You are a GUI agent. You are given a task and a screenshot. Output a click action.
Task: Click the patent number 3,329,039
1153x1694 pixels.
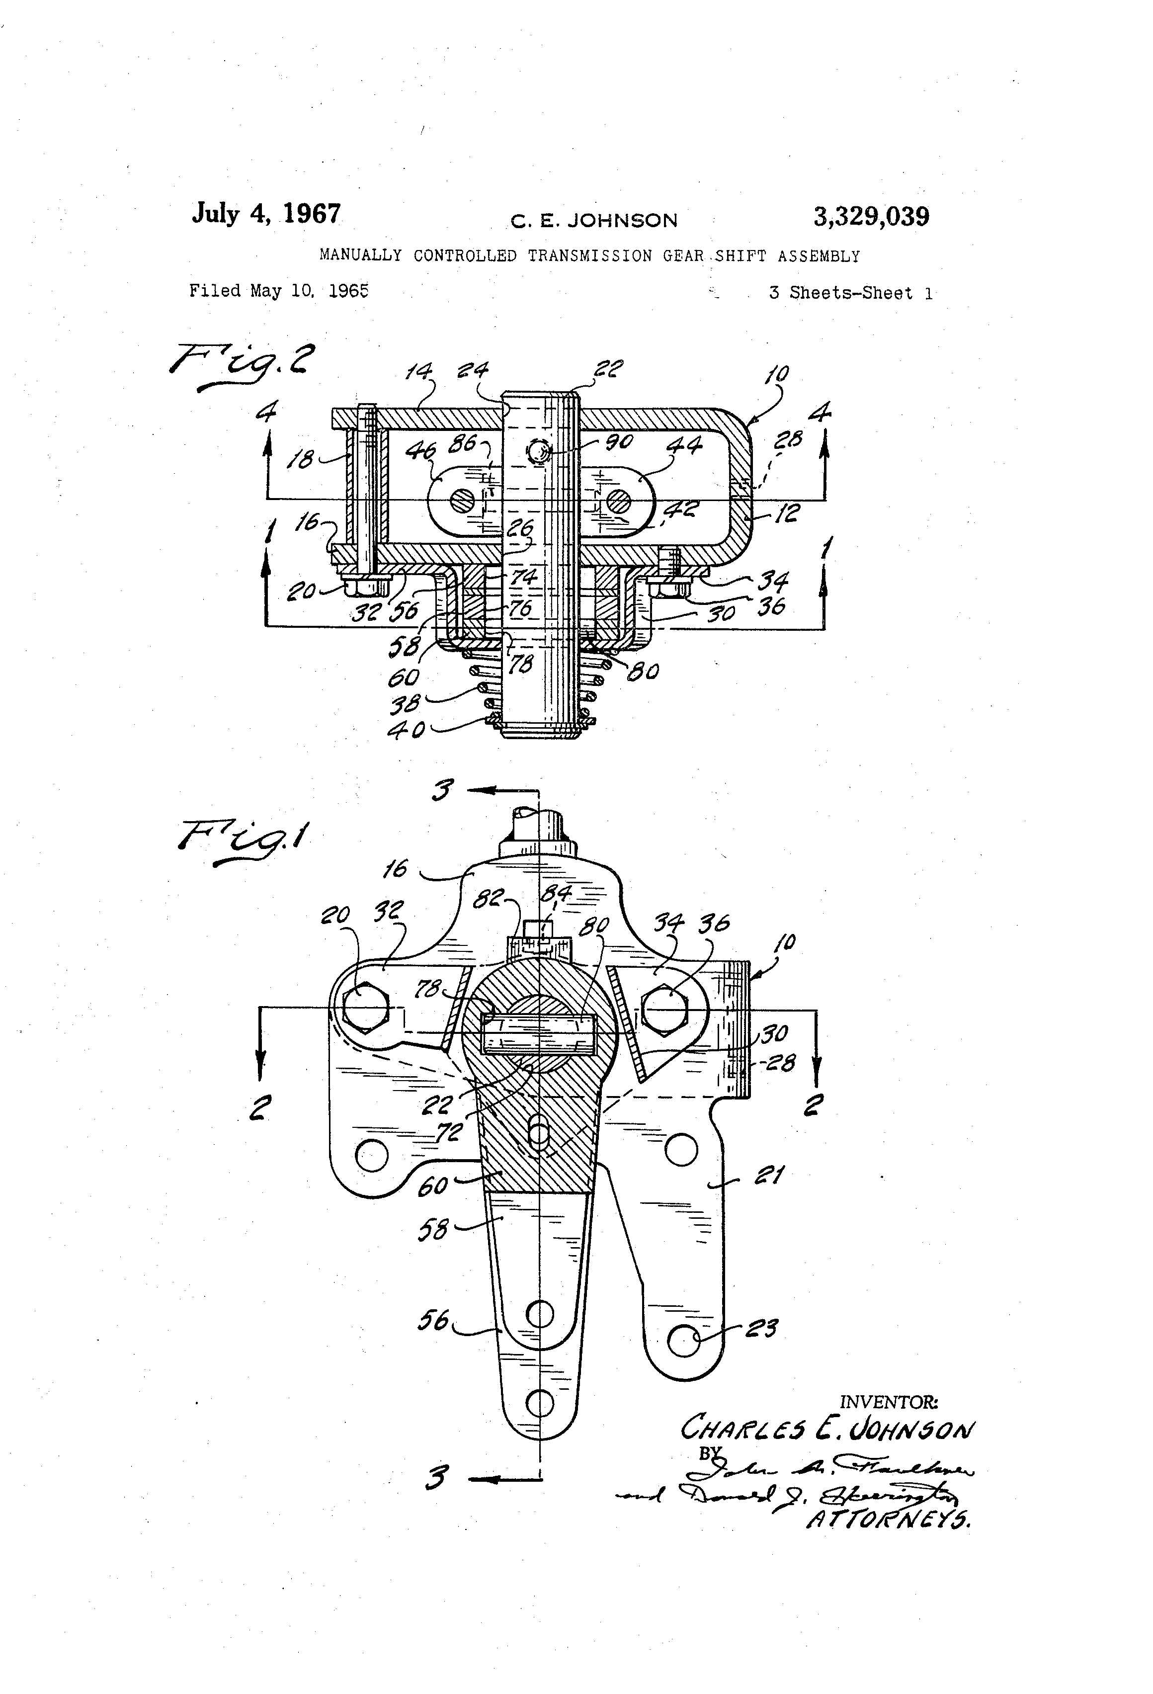click(x=871, y=217)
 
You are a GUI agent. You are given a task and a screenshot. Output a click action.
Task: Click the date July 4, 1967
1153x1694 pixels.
click(x=266, y=214)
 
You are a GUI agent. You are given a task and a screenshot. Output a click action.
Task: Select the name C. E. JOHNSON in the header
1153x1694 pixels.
click(x=594, y=220)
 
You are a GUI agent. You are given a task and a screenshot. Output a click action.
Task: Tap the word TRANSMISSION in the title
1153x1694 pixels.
click(x=589, y=256)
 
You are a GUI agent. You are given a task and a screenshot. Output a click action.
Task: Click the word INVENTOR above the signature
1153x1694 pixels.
click(x=889, y=1402)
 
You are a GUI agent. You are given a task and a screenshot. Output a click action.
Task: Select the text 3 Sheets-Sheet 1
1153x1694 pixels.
click(x=850, y=293)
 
